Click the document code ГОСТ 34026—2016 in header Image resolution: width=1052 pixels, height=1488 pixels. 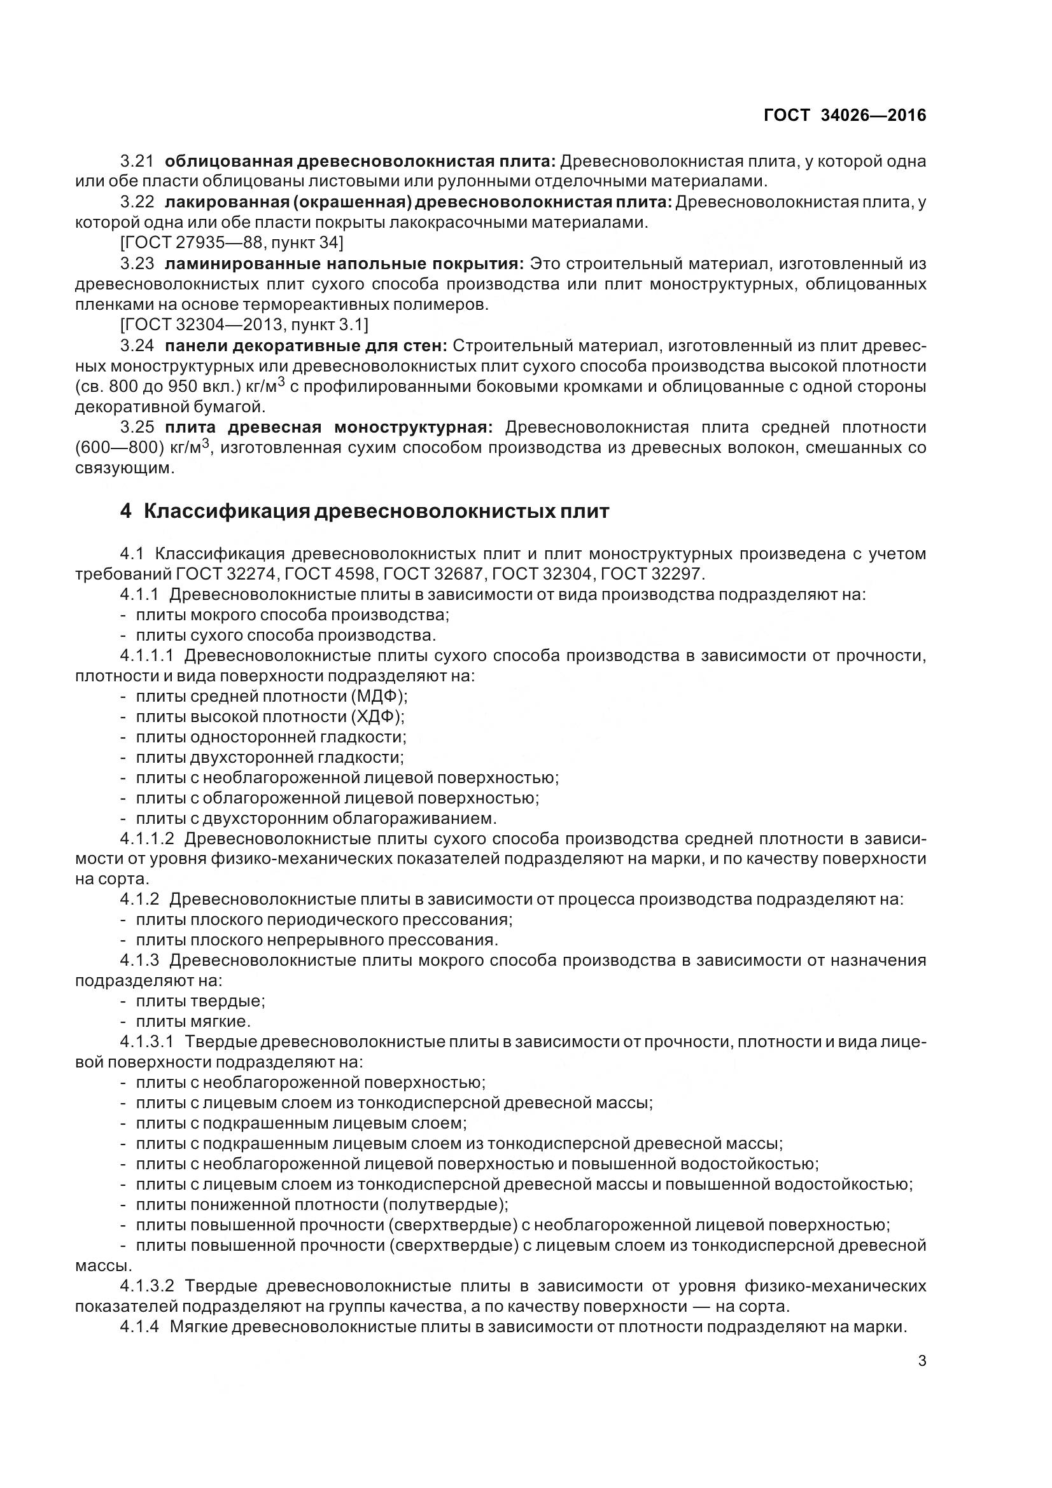845,115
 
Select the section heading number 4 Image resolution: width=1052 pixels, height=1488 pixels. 126,511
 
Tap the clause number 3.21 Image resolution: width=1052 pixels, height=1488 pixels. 137,161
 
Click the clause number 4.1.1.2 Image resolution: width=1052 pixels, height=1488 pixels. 147,838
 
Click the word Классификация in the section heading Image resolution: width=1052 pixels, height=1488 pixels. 226,511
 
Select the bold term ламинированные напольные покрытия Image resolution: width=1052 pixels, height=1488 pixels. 344,264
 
